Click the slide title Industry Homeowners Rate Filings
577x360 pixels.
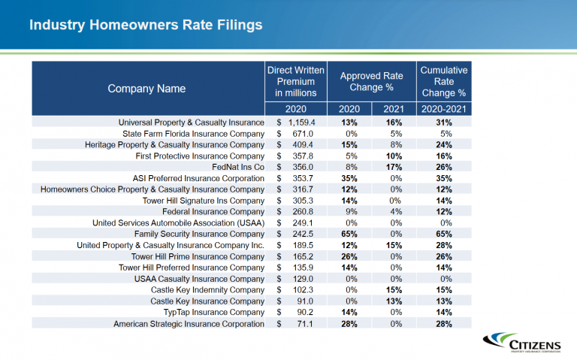[146, 25]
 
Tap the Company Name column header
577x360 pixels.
[147, 89]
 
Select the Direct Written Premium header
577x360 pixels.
[296, 81]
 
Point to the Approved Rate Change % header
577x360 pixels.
[371, 81]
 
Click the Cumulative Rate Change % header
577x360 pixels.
[443, 81]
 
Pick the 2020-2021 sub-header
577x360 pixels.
[443, 109]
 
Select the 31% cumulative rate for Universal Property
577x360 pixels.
[443, 123]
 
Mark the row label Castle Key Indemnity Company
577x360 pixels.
[207, 290]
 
